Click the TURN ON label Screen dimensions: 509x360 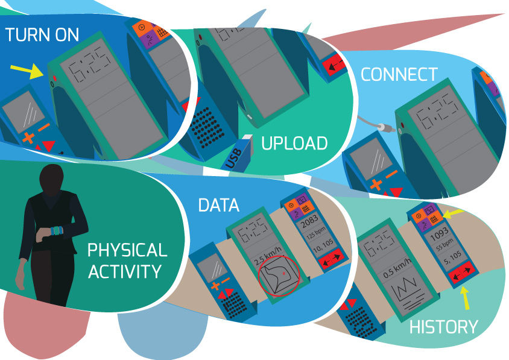[x=42, y=35]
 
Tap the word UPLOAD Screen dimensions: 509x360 [x=294, y=144]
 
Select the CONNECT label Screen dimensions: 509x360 [x=399, y=75]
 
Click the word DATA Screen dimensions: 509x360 [x=219, y=205]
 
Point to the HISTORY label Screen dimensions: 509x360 [x=444, y=327]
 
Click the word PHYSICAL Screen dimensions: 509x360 [x=127, y=250]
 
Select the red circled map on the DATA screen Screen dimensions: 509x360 [x=279, y=276]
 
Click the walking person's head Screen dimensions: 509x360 [x=51, y=175]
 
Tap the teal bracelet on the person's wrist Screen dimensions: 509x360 [x=57, y=230]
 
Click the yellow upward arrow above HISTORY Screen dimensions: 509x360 [x=466, y=298]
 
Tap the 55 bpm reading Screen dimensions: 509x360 [x=444, y=244]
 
